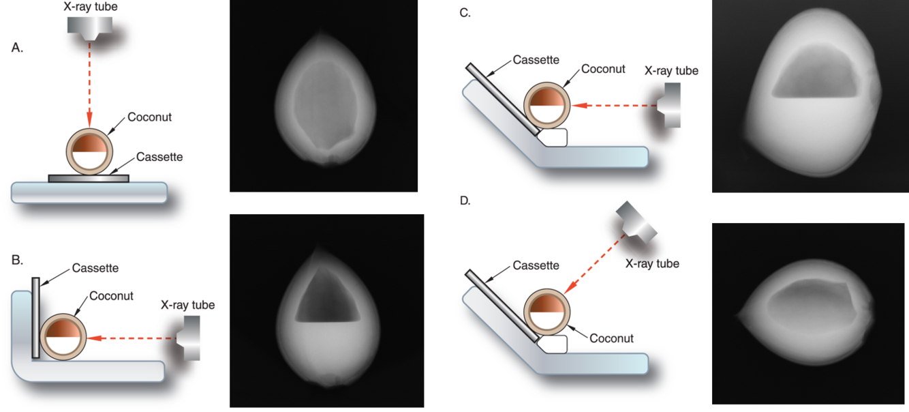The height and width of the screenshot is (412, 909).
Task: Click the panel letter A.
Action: [18, 48]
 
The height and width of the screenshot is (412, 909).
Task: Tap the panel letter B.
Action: [18, 259]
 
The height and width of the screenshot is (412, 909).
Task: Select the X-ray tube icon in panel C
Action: [669, 105]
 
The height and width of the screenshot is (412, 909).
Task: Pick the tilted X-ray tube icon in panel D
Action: [636, 222]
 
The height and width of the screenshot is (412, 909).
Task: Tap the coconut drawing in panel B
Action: [63, 338]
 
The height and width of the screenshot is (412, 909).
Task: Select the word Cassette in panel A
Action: [159, 157]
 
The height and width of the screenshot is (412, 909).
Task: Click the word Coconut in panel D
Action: [611, 338]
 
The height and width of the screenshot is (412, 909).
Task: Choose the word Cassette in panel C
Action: [537, 60]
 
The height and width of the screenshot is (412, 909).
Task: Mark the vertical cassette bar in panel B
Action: [35, 317]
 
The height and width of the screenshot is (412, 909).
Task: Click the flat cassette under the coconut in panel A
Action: [88, 178]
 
